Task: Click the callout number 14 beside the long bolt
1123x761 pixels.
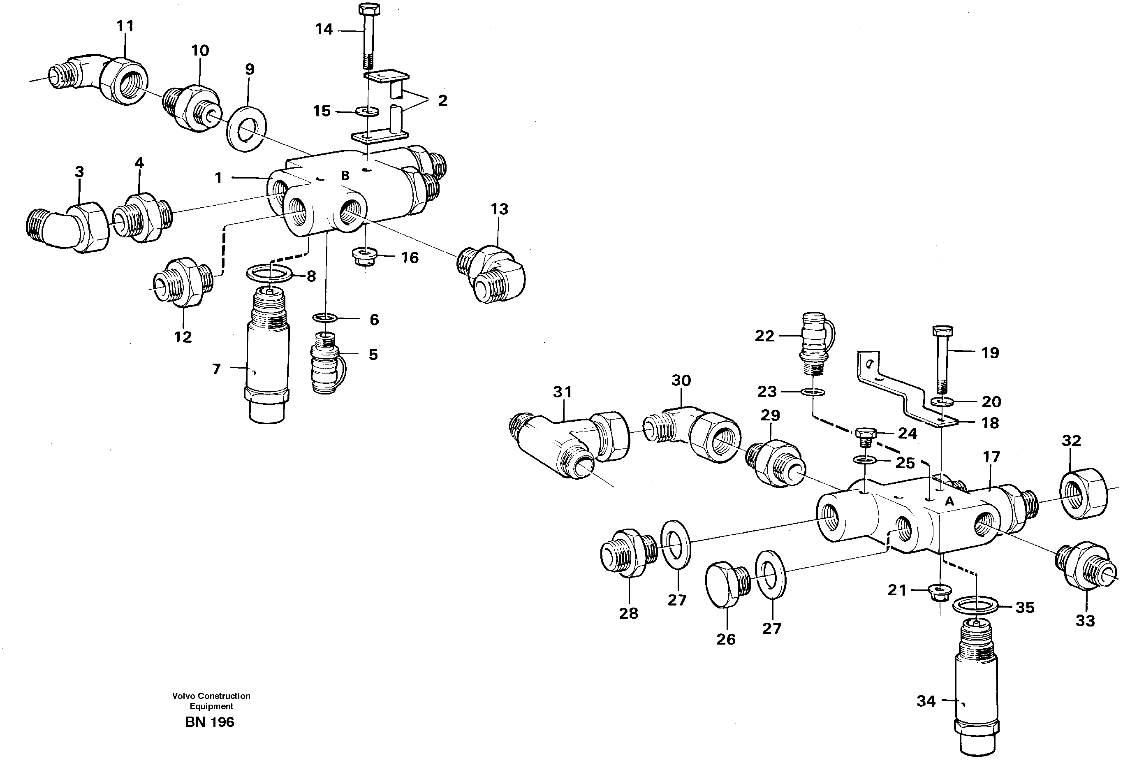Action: (324, 30)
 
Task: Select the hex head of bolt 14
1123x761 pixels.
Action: (369, 9)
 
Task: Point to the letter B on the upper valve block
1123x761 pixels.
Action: (345, 176)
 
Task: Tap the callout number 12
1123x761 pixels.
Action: (183, 337)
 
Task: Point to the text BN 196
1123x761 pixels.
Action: (209, 722)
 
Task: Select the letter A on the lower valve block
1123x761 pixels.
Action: (949, 502)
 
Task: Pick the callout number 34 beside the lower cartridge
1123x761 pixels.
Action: (926, 701)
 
